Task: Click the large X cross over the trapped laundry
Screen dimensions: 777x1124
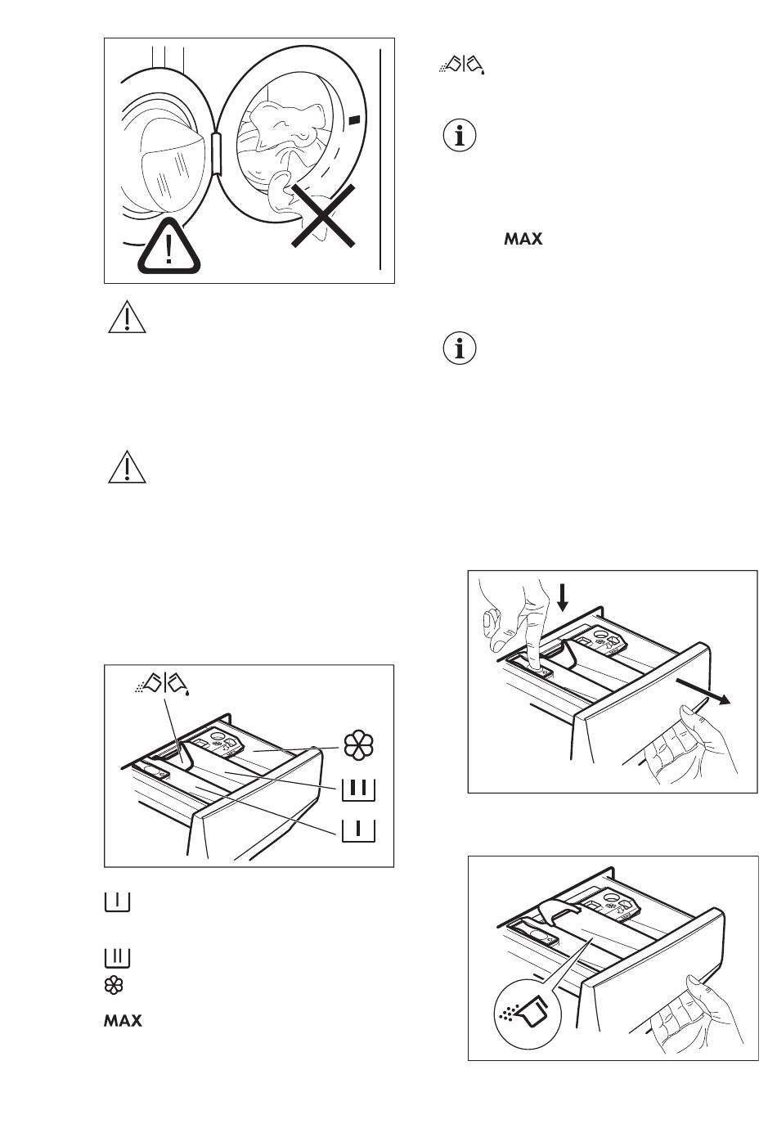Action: (323, 216)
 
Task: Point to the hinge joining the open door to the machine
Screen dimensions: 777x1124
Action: (217, 153)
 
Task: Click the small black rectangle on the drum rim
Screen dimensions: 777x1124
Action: (353, 119)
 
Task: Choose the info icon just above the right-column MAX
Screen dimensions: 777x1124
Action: (459, 135)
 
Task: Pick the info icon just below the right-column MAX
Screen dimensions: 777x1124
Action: (459, 348)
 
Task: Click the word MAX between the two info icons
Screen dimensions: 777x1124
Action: (523, 239)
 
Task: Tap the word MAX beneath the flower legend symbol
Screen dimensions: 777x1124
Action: (123, 1021)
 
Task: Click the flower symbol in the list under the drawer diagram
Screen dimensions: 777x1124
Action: (114, 985)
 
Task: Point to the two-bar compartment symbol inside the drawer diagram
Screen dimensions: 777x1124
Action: (359, 789)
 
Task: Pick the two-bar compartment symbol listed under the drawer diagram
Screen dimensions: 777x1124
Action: (118, 957)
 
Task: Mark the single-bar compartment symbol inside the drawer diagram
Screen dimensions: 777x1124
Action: (359, 830)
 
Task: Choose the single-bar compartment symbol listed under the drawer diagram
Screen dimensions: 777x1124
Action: (118, 901)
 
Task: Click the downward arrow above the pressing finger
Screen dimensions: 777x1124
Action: (563, 597)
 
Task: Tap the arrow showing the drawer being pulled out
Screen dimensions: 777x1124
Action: (703, 692)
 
